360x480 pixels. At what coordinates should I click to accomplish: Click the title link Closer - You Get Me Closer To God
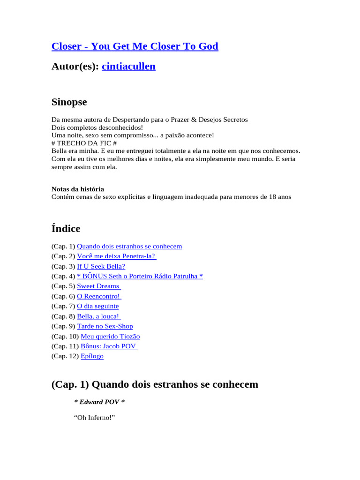135,46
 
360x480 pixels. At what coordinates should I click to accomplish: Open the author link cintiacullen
128,67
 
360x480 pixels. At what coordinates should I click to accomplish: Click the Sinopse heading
69,102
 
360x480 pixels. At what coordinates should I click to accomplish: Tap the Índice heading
66,229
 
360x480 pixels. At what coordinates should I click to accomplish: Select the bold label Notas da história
78,189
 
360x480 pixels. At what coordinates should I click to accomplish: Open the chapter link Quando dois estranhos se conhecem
129,246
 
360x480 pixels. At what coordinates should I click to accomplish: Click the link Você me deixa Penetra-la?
116,256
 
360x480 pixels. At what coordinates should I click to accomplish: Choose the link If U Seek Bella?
101,266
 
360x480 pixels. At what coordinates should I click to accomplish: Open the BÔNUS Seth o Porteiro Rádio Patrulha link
140,276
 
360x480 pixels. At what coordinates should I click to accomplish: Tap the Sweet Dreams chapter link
98,286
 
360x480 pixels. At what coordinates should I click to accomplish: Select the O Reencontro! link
99,296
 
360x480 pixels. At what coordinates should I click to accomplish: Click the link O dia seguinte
97,306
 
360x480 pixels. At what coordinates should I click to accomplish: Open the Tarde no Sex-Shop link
105,326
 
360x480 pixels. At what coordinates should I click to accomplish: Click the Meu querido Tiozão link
110,337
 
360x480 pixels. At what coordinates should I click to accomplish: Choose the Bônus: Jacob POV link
109,346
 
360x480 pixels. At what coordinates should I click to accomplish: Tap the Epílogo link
92,356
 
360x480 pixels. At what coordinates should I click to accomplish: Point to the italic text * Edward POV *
99,402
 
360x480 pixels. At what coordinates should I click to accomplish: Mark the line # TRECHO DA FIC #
84,143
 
